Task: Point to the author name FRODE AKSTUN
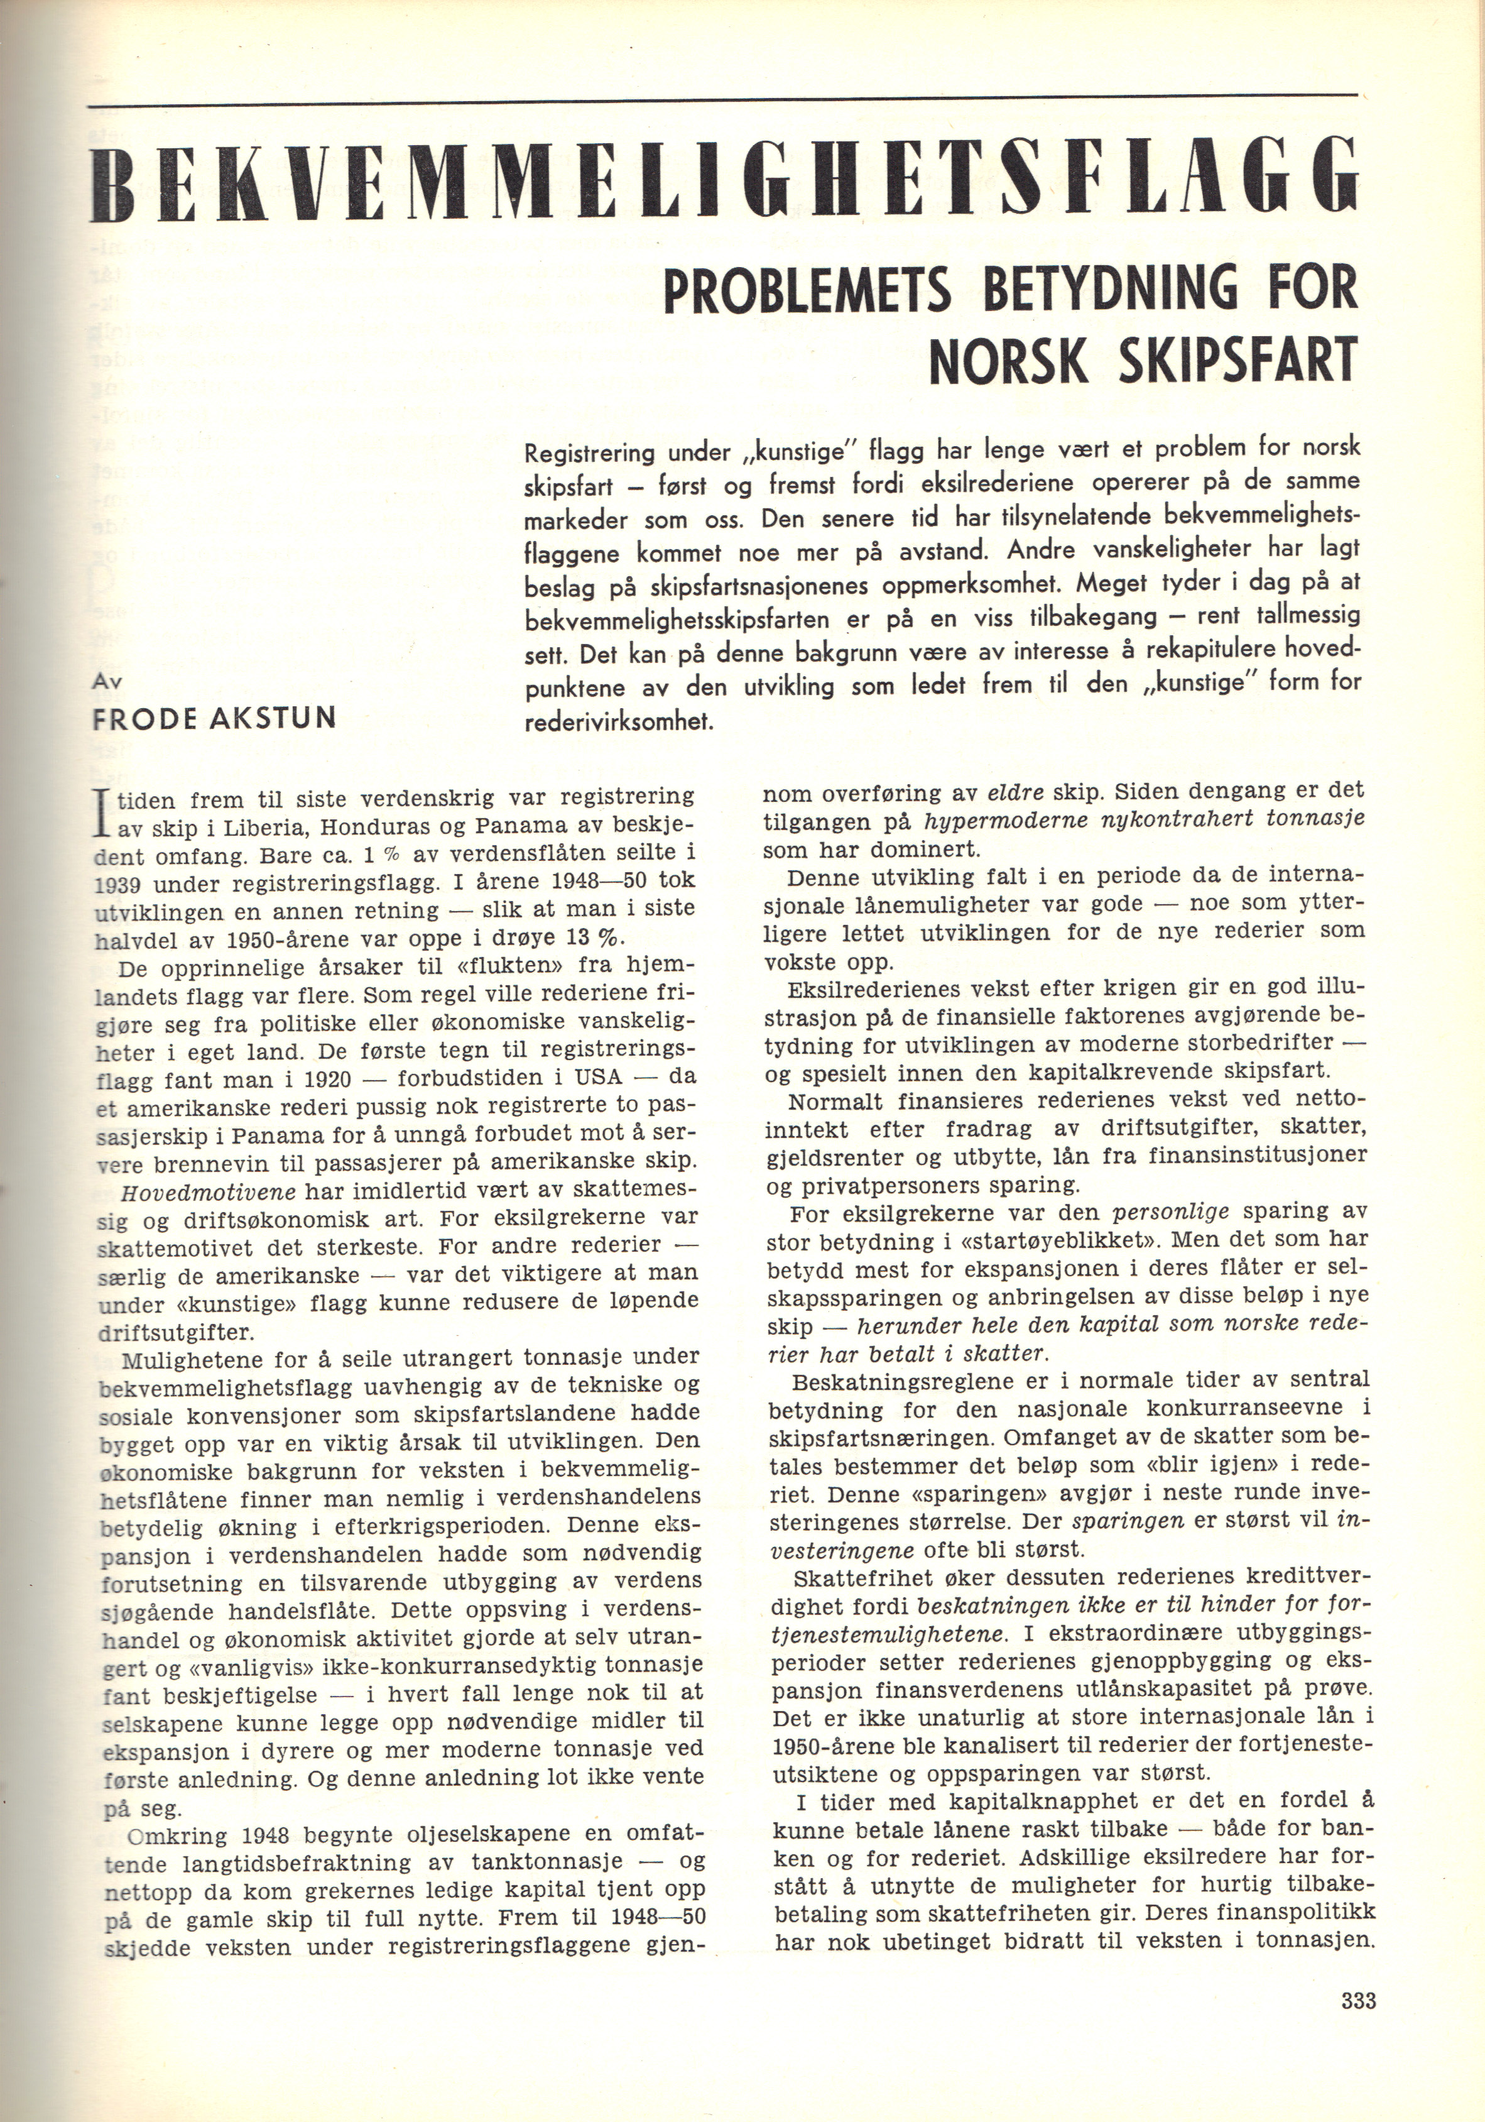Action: coord(214,718)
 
